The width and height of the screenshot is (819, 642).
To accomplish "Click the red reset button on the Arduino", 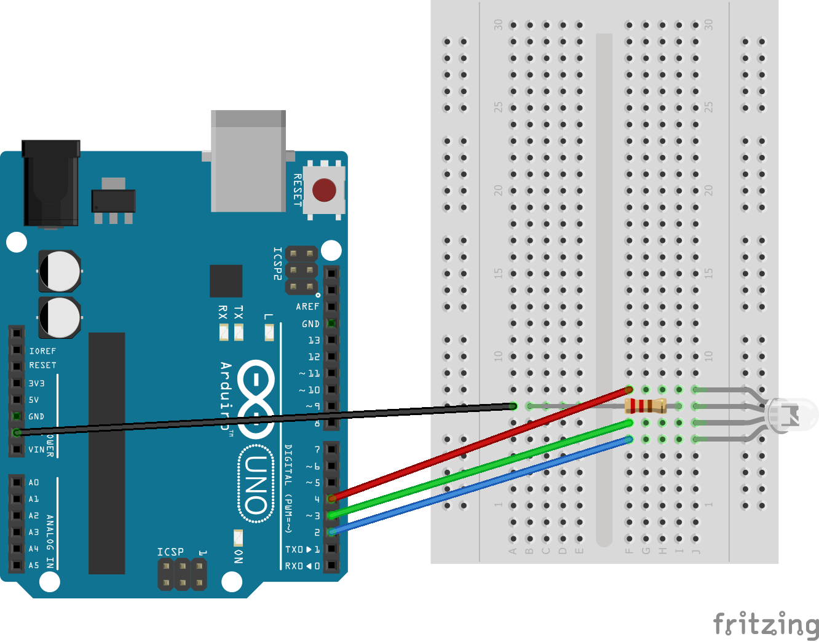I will [x=324, y=190].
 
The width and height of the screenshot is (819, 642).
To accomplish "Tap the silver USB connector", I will [x=248, y=161].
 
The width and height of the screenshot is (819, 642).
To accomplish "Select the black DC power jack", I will [x=51, y=183].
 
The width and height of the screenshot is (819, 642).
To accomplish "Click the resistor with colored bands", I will [x=645, y=406].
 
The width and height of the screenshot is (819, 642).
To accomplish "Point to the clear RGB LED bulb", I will [x=793, y=414].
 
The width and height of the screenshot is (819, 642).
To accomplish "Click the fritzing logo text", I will [x=766, y=625].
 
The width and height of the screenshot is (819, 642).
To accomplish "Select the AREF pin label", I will [x=307, y=306].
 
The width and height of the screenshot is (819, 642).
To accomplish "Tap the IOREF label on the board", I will [x=42, y=351].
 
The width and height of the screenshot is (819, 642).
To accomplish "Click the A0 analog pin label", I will [x=34, y=483].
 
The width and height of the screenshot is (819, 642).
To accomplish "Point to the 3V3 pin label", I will [x=37, y=383].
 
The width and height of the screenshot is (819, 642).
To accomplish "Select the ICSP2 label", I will [x=277, y=264].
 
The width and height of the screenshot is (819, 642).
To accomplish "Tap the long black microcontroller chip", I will [x=107, y=453].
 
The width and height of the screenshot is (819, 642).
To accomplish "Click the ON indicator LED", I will [x=238, y=538].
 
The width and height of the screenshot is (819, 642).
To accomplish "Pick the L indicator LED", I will [x=269, y=332].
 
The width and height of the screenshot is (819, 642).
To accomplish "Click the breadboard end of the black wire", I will [x=513, y=406].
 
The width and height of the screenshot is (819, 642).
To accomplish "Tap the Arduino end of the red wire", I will [x=332, y=498].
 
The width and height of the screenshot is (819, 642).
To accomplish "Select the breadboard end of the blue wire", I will [x=628, y=439].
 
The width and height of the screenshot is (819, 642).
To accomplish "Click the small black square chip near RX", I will [x=226, y=281].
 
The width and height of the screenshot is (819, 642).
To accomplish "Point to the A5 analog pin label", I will [x=34, y=565].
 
